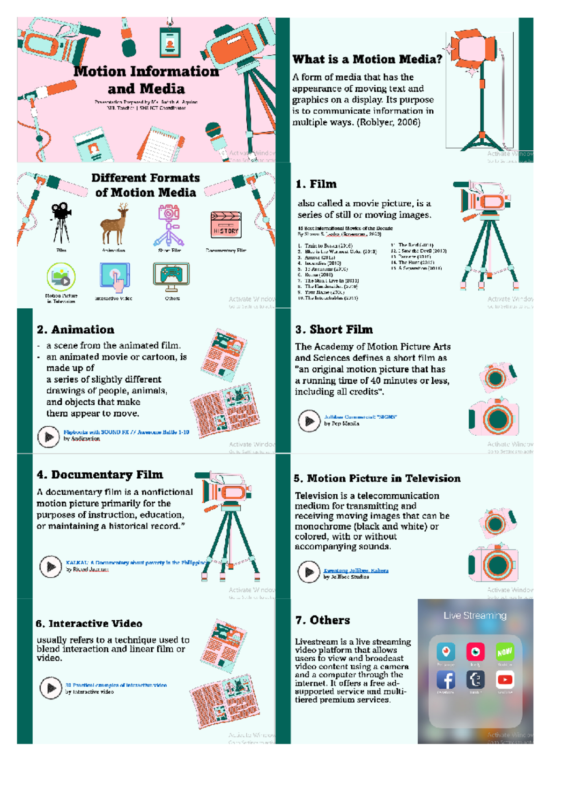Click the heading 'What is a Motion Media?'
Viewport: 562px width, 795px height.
coord(367,59)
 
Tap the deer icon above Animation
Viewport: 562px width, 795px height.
coord(114,224)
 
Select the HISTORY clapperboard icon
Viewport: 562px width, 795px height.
coord(226,225)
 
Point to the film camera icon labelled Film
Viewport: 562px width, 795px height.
coord(61,223)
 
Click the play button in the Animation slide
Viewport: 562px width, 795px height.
coord(49,437)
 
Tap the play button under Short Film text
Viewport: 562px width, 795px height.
coord(309,421)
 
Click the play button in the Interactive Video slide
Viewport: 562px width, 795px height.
coord(51,688)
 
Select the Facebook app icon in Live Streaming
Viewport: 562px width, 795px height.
coord(446,680)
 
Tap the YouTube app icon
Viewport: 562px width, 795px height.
coord(505,679)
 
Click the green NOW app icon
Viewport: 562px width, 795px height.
coord(504,652)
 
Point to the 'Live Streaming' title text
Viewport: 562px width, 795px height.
coord(475,616)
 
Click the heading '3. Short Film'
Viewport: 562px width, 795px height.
coord(334,330)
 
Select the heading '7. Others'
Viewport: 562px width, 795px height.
coord(323,620)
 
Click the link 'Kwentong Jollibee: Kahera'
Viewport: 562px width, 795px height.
coord(356,571)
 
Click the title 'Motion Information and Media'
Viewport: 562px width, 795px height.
coord(146,80)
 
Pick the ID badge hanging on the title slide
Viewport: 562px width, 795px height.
coord(170,42)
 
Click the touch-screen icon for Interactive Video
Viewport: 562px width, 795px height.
coord(115,277)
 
